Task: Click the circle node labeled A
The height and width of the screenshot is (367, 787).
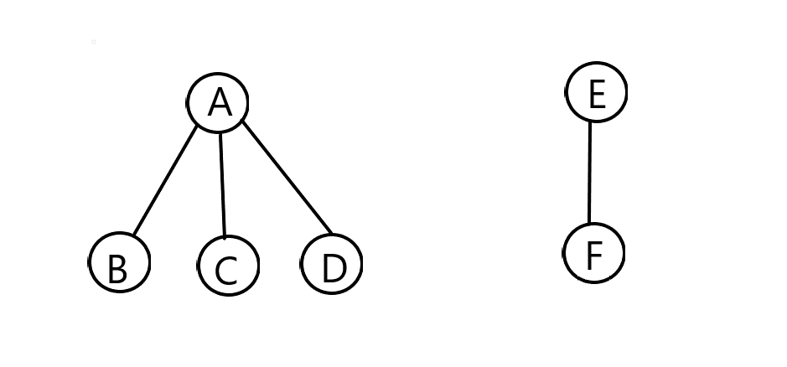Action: click(218, 102)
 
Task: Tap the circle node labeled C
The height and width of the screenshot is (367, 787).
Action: click(228, 266)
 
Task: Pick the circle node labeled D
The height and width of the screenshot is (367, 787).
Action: click(332, 264)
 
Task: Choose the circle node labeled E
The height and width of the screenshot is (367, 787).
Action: click(596, 91)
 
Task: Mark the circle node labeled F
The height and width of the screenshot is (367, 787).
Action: click(593, 253)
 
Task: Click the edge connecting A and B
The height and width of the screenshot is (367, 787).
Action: click(166, 180)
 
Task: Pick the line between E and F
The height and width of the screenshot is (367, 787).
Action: click(590, 172)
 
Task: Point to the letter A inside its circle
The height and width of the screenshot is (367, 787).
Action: click(219, 103)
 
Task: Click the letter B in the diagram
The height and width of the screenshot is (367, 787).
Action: click(117, 270)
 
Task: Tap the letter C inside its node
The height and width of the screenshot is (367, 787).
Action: click(226, 271)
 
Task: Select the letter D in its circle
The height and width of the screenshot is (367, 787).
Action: click(334, 268)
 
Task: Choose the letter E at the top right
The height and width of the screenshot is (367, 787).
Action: click(597, 94)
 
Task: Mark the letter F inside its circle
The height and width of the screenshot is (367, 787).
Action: click(594, 255)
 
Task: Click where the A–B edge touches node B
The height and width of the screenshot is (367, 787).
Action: click(134, 235)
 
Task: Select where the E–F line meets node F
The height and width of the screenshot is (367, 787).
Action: click(590, 225)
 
